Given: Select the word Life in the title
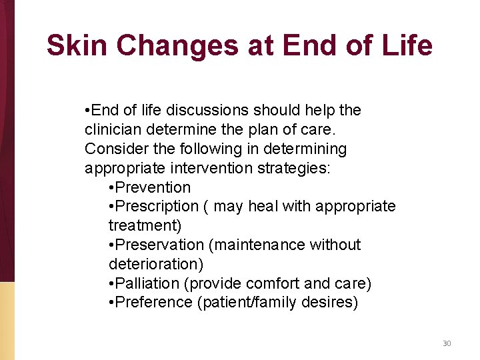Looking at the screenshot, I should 406,45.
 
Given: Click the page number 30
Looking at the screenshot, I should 447,343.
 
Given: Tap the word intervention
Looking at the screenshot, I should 205,168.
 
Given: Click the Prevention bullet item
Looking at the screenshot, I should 152,187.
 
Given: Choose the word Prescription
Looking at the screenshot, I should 157,207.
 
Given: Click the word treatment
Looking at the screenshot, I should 143,226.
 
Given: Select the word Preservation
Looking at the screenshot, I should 159,245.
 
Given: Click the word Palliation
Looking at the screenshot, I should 150,284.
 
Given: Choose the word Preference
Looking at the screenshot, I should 154,303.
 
